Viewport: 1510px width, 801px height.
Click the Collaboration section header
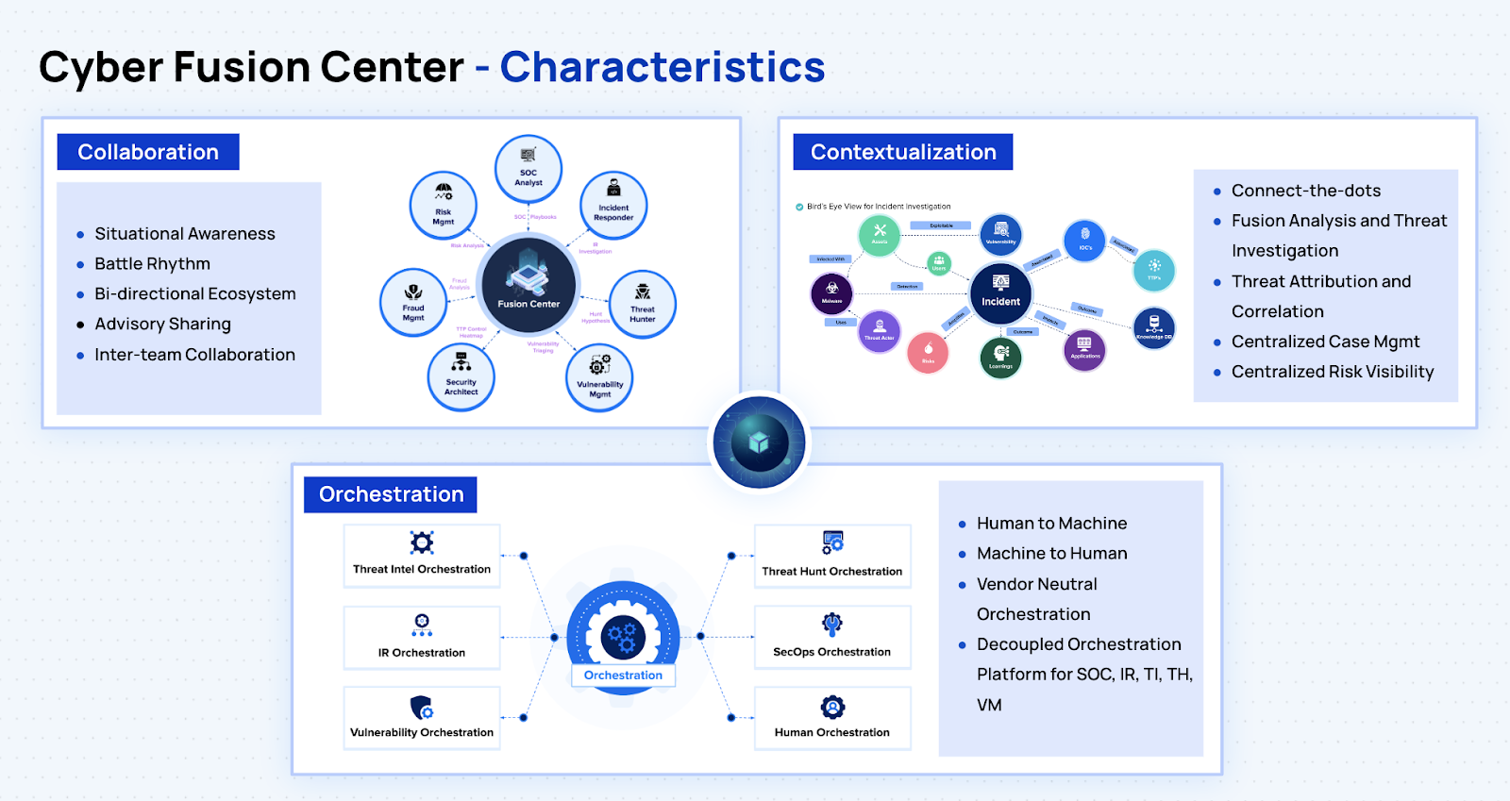pyautogui.click(x=148, y=152)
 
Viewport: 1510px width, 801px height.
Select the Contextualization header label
pyautogui.click(x=903, y=152)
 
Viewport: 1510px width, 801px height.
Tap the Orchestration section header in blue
pyautogui.click(x=391, y=494)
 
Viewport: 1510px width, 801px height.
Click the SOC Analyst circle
pyautogui.click(x=528, y=169)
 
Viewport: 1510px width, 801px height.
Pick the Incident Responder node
pyautogui.click(x=613, y=205)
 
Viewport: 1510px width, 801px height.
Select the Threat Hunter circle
pyautogui.click(x=643, y=304)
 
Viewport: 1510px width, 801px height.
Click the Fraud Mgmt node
pyautogui.click(x=413, y=302)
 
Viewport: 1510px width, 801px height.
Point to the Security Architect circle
pyautogui.click(x=461, y=376)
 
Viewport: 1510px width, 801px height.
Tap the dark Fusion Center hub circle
pyautogui.click(x=528, y=285)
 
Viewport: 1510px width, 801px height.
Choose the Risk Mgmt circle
pyautogui.click(x=444, y=206)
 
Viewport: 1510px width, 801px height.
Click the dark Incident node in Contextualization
pyautogui.click(x=1000, y=292)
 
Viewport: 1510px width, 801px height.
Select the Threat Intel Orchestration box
pyautogui.click(x=422, y=557)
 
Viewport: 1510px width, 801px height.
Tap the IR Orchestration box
pyautogui.click(x=422, y=638)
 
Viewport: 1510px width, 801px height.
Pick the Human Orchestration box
pyautogui.click(x=832, y=719)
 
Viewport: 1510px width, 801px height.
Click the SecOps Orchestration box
pyautogui.click(x=832, y=638)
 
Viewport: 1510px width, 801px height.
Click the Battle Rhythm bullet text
pyautogui.click(x=153, y=264)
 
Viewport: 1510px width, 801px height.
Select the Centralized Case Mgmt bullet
pyautogui.click(x=1325, y=342)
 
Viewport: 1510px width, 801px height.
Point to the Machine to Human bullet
pyautogui.click(x=1051, y=554)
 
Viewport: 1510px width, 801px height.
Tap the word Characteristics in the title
pyautogui.click(x=663, y=67)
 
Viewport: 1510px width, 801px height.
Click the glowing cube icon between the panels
pyautogui.click(x=759, y=442)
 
